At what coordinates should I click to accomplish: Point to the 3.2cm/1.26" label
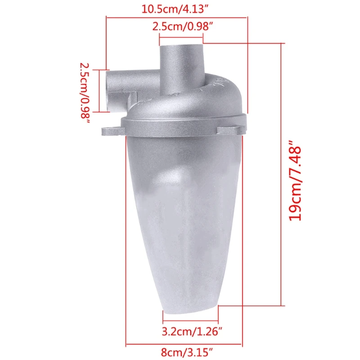point(192,332)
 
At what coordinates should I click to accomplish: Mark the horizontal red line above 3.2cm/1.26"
point(190,321)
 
